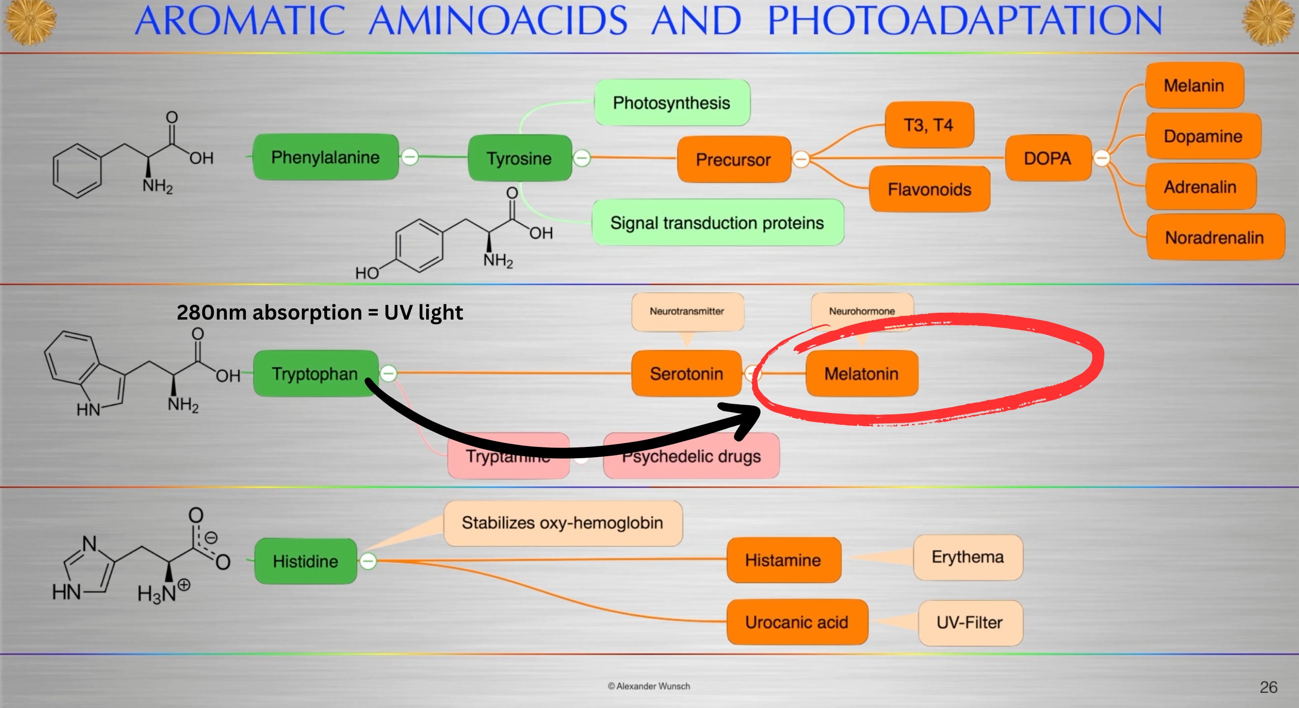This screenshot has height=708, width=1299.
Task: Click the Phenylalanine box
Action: pyautogui.click(x=325, y=157)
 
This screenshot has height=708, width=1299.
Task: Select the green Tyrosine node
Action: pyautogui.click(x=520, y=158)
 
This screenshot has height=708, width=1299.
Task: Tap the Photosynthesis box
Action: pyautogui.click(x=671, y=103)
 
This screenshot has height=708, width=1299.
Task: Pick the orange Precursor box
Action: pyautogui.click(x=733, y=159)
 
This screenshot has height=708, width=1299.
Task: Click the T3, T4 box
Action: pyautogui.click(x=928, y=124)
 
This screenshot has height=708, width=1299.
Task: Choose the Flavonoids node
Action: pyautogui.click(x=929, y=189)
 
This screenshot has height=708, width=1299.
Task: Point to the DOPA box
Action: pyautogui.click(x=1048, y=158)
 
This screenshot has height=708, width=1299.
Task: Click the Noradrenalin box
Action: pyautogui.click(x=1214, y=237)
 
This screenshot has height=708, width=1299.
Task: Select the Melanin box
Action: pyautogui.click(x=1194, y=85)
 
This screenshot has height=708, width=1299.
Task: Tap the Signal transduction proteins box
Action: pyautogui.click(x=716, y=222)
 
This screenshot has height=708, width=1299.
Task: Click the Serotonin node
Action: pyautogui.click(x=686, y=373)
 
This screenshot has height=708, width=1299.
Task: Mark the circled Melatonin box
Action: pyautogui.click(x=861, y=373)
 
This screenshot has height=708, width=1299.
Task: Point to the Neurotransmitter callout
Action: pyautogui.click(x=687, y=311)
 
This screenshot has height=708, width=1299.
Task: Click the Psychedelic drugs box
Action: pyautogui.click(x=691, y=457)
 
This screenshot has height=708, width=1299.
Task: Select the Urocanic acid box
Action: pyautogui.click(x=797, y=622)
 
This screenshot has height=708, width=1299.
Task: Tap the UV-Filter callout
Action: pyautogui.click(x=970, y=622)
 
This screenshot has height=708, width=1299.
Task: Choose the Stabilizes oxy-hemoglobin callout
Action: pyautogui.click(x=562, y=523)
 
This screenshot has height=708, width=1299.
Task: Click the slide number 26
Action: pyautogui.click(x=1268, y=687)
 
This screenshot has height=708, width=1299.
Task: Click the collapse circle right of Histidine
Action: pyautogui.click(x=368, y=561)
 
